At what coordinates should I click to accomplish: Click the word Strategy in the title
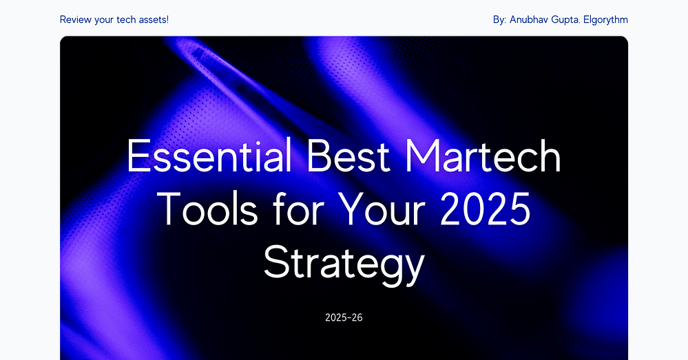tap(343, 264)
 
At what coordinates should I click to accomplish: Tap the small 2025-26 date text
tap(344, 318)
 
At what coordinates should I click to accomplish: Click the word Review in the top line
tap(76, 19)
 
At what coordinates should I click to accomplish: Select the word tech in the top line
tap(131, 19)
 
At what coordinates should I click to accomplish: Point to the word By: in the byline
tap(500, 19)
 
